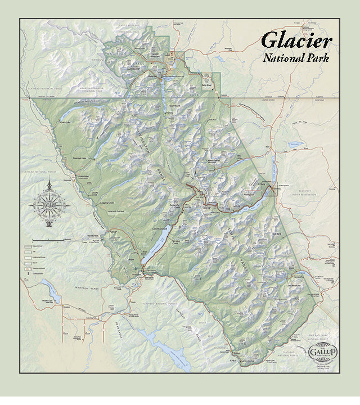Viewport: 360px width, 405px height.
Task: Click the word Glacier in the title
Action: point(296,41)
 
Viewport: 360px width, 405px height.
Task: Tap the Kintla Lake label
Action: point(65,121)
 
